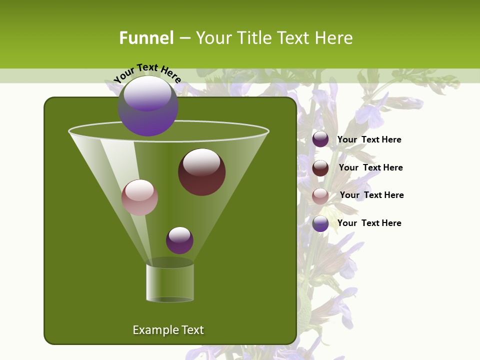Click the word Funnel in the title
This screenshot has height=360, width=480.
(146, 38)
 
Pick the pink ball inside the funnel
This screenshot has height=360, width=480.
(139, 198)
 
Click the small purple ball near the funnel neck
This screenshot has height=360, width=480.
(179, 240)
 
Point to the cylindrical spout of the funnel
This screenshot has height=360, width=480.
(170, 283)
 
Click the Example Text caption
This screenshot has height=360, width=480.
(168, 330)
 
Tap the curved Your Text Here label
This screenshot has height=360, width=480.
(147, 73)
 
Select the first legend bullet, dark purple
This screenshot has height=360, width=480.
(320, 139)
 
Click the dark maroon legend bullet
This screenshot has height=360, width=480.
(320, 168)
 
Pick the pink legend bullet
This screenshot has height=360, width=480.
(320, 196)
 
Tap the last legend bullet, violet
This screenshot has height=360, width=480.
(320, 223)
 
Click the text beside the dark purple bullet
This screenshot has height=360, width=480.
(369, 140)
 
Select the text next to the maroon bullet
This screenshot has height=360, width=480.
(370, 167)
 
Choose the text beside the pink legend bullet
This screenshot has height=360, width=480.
(371, 195)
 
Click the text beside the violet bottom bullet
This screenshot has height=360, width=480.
(369, 223)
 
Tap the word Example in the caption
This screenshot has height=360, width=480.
(153, 330)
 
